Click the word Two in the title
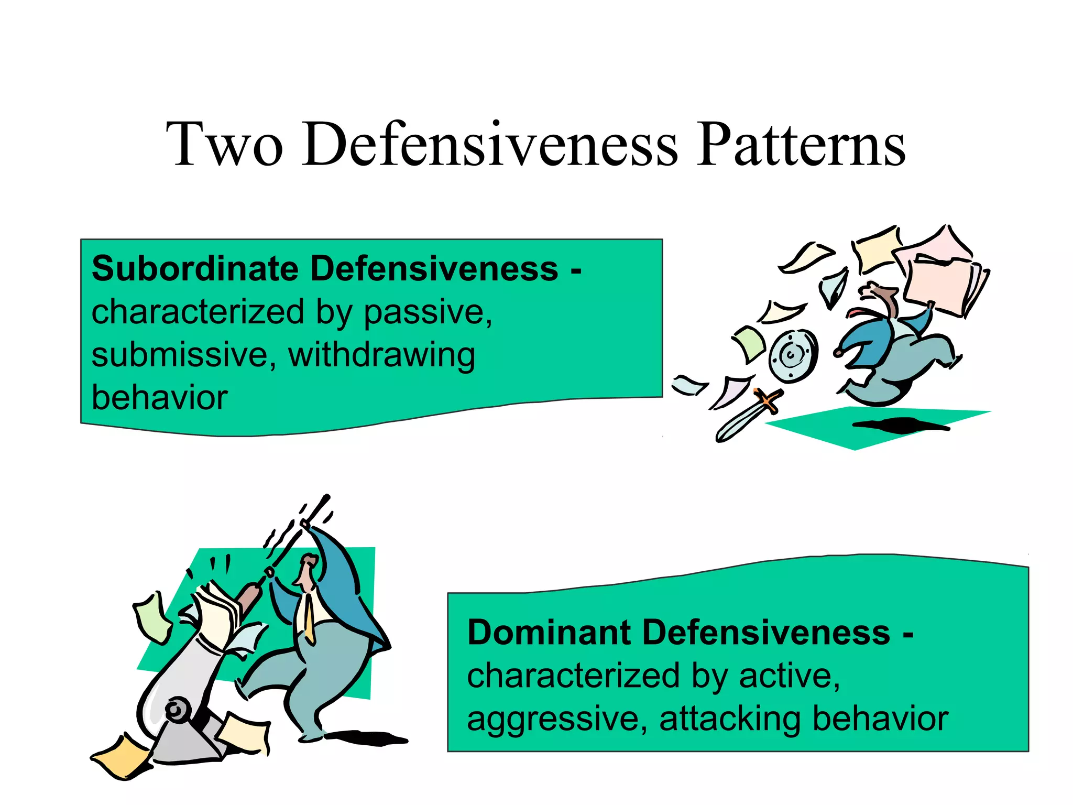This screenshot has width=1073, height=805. coord(225,144)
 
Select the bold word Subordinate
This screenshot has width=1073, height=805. coord(195,269)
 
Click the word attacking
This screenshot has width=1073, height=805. coord(730,720)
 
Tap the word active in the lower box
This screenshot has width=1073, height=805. coord(789,676)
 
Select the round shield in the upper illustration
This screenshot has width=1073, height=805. coord(792,356)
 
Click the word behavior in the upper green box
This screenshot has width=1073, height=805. coord(159,398)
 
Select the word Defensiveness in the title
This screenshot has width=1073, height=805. coord(490,144)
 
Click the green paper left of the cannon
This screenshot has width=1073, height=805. coord(152,618)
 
